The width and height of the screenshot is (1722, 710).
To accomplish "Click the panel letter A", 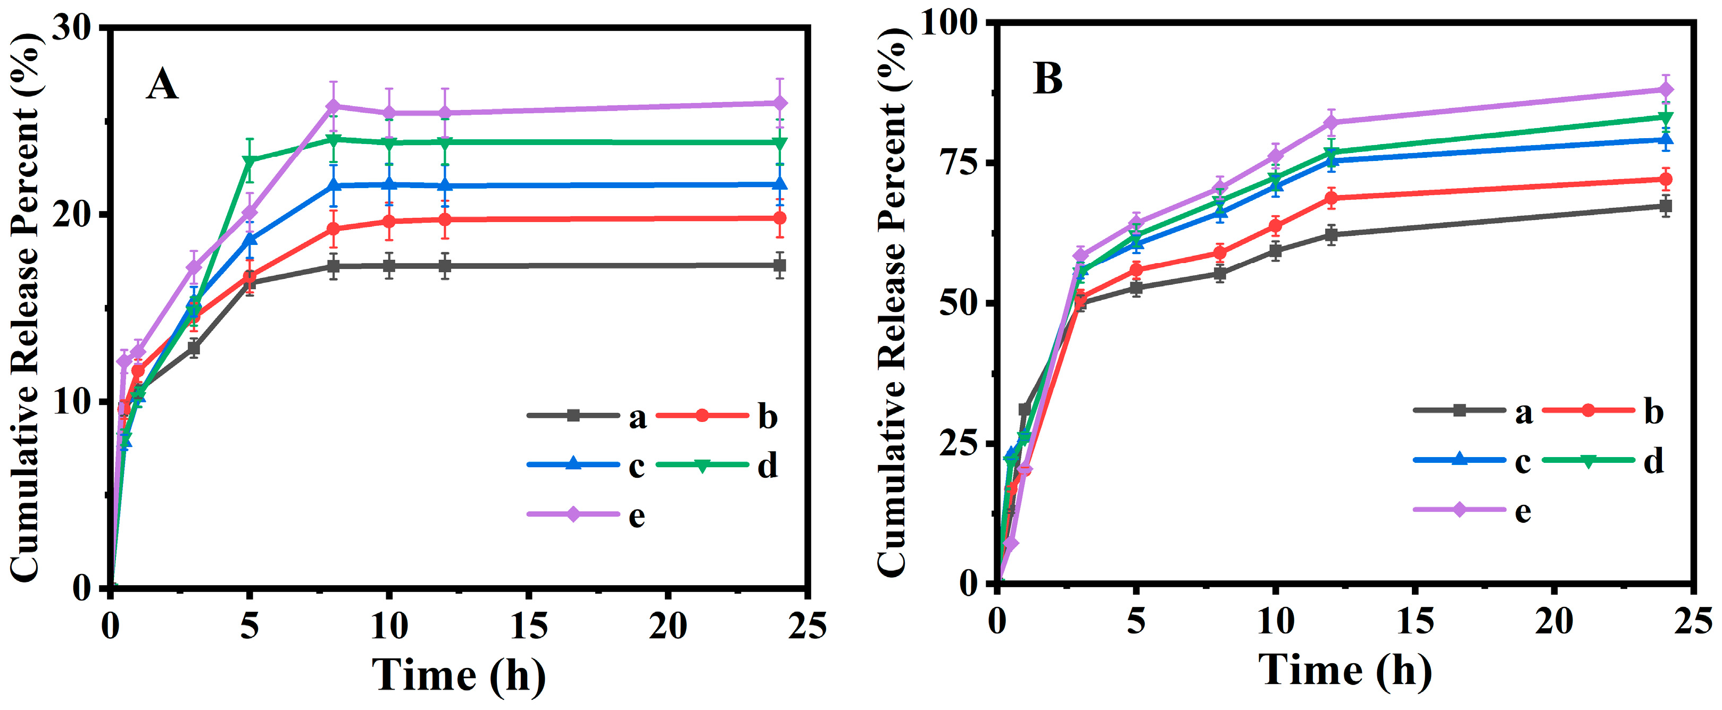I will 162,86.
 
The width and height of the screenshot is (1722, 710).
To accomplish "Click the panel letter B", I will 1047,79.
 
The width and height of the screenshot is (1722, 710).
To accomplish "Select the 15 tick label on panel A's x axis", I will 528,627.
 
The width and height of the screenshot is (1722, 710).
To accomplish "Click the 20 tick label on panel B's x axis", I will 1553,622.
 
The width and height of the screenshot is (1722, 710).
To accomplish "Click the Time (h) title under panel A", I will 459,674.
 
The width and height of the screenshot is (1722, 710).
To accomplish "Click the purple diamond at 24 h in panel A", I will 779,103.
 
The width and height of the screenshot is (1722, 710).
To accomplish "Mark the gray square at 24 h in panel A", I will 779,265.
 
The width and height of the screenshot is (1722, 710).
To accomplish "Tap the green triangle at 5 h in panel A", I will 249,161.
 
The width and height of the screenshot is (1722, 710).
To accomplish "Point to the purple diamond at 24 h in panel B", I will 1666,89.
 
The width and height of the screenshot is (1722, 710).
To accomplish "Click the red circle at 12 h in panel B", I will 1331,198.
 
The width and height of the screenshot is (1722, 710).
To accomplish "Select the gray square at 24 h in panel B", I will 1666,206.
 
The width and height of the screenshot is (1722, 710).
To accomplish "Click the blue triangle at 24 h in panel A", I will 779,184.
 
